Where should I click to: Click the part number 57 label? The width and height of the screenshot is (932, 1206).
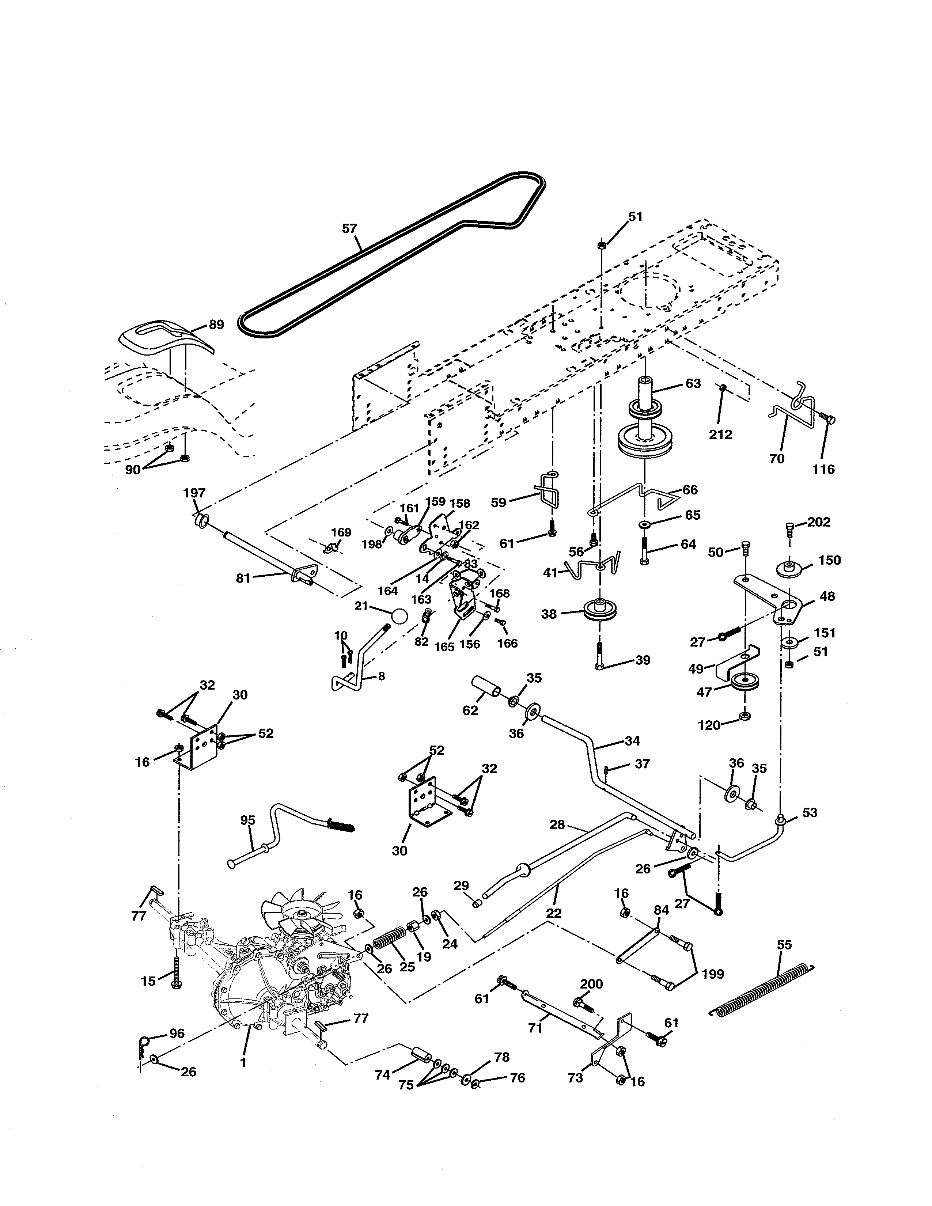pyautogui.click(x=349, y=229)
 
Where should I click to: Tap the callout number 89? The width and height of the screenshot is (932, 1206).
pyautogui.click(x=216, y=325)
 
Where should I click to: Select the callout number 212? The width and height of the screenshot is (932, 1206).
pyautogui.click(x=720, y=435)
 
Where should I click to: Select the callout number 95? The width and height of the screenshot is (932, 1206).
pyautogui.click(x=248, y=820)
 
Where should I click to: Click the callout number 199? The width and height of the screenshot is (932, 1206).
pyautogui.click(x=713, y=974)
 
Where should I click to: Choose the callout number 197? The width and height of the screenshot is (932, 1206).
pyautogui.click(x=194, y=493)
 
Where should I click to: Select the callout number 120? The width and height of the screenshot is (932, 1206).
pyautogui.click(x=709, y=725)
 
